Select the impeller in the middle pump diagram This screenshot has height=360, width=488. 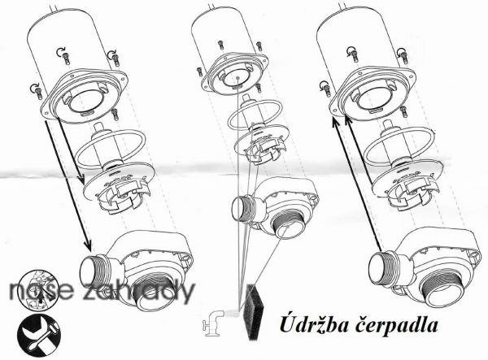pos(261,145)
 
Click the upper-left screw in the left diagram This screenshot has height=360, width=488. pos(65,58)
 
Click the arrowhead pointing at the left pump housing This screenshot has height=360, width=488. pos(88,245)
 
